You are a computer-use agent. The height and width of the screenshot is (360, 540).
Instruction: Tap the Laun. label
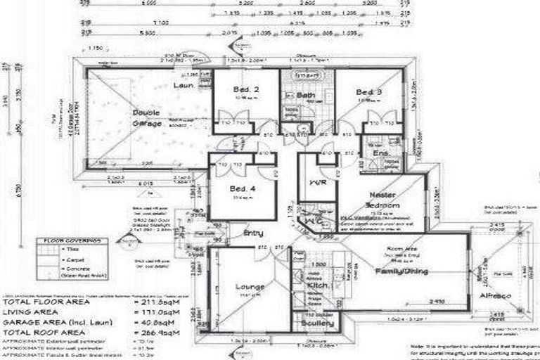coord(184,86)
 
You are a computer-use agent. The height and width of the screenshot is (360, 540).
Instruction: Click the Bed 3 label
coord(368,93)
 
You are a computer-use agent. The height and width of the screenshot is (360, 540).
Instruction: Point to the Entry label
coord(254,232)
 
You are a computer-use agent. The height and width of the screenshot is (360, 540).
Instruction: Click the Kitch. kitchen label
coord(315,288)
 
